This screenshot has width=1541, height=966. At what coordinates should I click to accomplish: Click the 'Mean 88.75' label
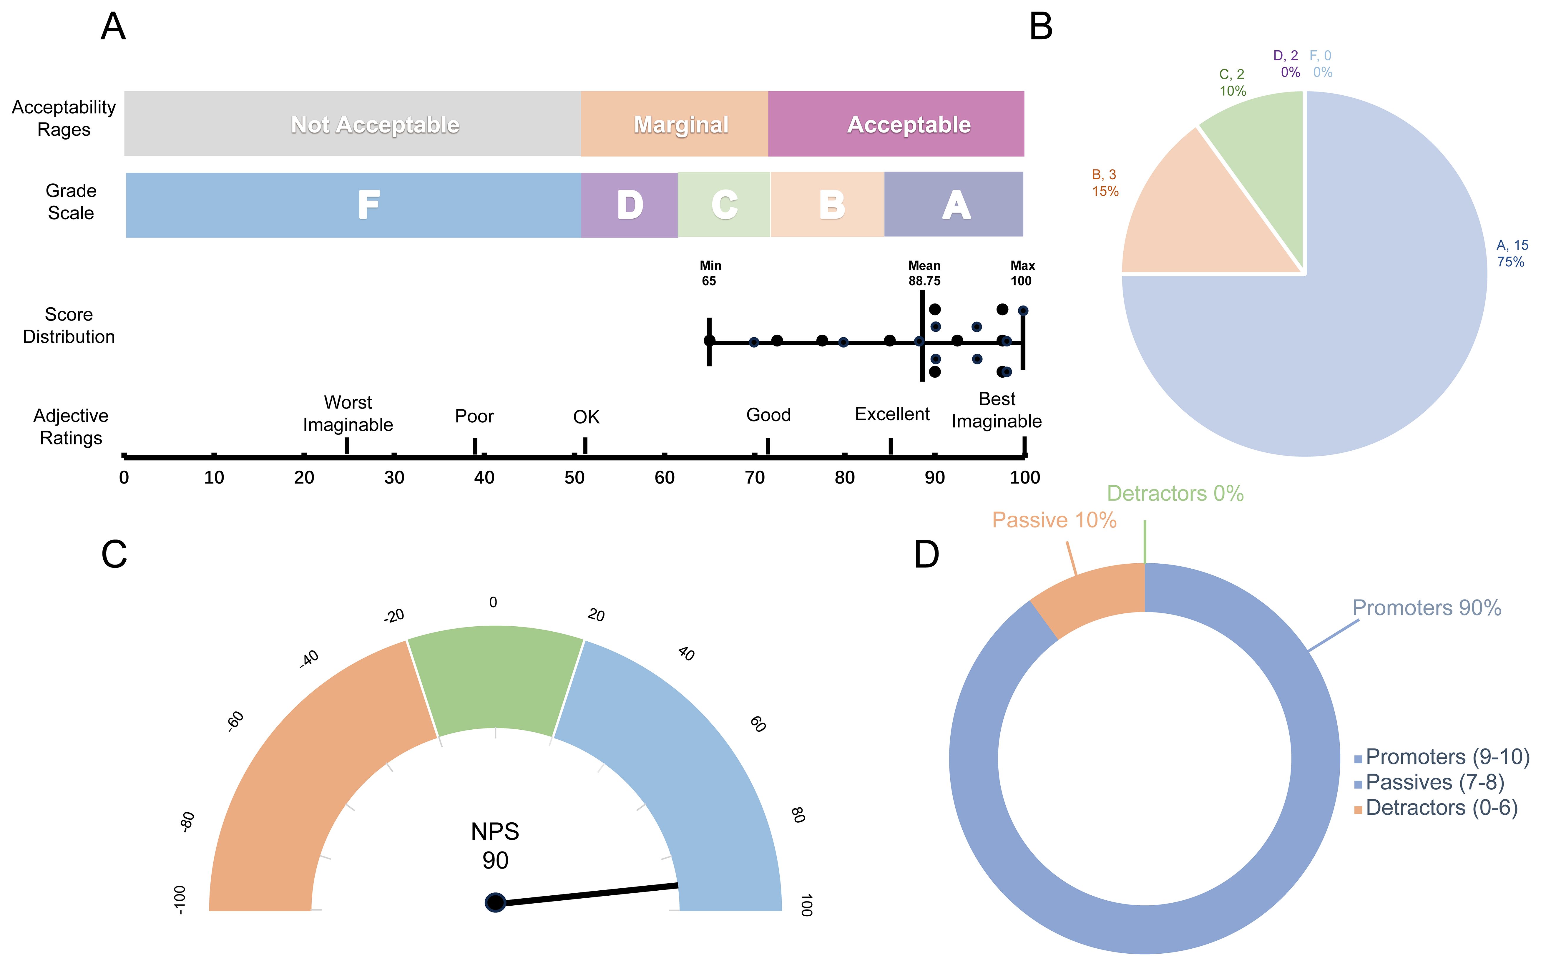(x=924, y=273)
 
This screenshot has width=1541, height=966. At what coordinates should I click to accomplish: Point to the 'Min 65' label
(x=710, y=273)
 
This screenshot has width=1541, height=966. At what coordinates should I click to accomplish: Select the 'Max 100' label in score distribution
(x=1022, y=273)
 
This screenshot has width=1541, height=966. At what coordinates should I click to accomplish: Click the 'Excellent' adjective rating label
(x=892, y=414)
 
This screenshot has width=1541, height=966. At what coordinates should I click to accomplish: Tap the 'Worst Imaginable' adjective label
(x=348, y=413)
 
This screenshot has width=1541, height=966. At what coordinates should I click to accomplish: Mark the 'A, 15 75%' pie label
(x=1512, y=254)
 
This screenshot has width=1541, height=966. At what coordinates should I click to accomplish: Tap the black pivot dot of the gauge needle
(x=495, y=902)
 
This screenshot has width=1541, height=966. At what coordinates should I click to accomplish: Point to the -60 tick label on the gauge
(x=235, y=721)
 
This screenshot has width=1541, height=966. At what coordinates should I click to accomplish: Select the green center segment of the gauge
(x=495, y=680)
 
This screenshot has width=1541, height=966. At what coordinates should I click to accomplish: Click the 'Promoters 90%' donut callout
(x=1426, y=608)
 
